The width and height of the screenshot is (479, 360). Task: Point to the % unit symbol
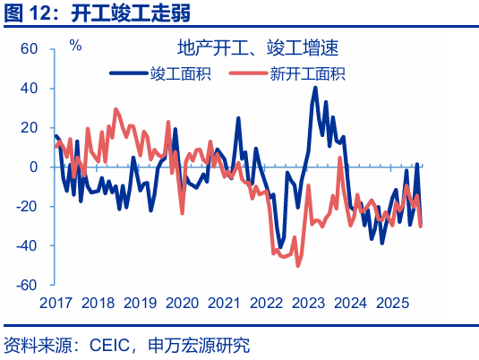75,45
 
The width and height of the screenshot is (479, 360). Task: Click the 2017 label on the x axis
56,304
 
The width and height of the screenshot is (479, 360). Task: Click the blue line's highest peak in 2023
315,88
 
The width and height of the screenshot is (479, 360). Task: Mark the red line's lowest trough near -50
298,265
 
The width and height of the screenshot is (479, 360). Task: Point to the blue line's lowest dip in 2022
280,247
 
